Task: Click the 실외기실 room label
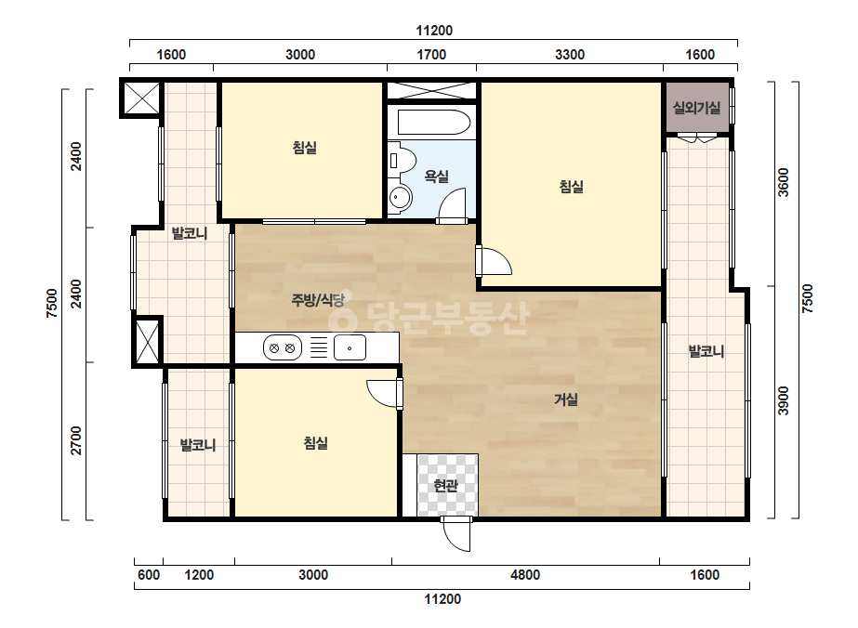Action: click(x=696, y=108)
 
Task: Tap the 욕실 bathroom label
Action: click(x=437, y=177)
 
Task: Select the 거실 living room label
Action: click(x=566, y=399)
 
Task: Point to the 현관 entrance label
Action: click(x=445, y=485)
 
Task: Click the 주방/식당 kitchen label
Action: click(x=318, y=300)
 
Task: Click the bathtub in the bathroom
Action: click(x=434, y=123)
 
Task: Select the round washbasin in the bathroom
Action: click(x=401, y=197)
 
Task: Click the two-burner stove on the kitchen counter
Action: click(x=283, y=347)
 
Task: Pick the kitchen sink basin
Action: click(x=350, y=347)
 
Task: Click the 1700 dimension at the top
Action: click(x=431, y=55)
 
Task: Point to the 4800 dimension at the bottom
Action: click(x=525, y=575)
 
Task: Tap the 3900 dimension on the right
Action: click(x=784, y=401)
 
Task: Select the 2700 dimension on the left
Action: click(x=76, y=441)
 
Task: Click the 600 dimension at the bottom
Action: click(x=149, y=575)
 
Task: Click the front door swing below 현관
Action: click(x=456, y=534)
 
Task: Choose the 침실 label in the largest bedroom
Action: click(x=572, y=187)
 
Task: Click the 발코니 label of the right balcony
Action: click(x=706, y=351)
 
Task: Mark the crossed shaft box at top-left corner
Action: click(x=141, y=98)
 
